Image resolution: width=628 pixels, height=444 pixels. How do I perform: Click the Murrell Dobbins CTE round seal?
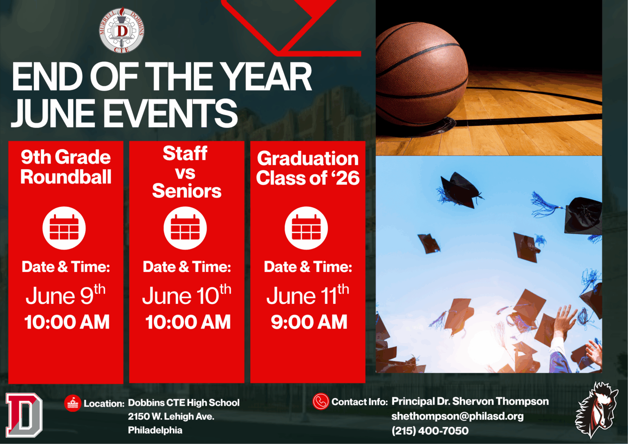122,30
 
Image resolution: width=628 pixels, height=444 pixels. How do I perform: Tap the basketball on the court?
422,74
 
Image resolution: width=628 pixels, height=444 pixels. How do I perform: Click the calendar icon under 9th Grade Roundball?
64,228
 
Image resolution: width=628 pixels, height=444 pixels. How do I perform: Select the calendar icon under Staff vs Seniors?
185,228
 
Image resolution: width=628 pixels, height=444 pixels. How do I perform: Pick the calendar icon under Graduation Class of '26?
306,228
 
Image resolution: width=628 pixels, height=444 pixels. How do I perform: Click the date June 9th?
65,295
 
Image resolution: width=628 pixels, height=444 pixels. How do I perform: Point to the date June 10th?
187,295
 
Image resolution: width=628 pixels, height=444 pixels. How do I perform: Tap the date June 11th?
308,295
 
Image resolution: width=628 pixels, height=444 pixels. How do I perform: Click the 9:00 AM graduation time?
309,322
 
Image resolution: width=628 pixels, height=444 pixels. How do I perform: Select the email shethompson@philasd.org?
458,417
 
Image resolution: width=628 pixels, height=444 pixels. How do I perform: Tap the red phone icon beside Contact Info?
321,401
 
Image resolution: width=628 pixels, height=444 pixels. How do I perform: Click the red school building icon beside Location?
73,404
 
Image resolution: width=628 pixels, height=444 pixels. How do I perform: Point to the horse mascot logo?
597,410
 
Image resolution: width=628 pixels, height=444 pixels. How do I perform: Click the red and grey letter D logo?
24,415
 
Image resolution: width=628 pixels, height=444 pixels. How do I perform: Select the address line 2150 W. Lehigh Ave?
171,417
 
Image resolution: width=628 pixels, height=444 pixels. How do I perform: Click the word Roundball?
66,177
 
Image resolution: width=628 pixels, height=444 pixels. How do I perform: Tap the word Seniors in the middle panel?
187,191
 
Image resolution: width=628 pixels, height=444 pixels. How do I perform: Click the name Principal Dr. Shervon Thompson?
470,401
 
